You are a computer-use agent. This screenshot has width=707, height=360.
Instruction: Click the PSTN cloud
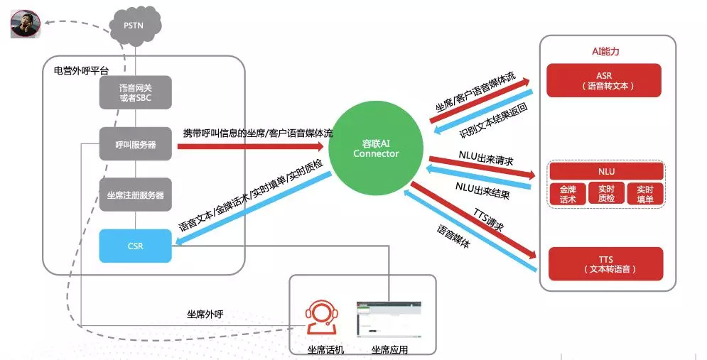click(x=134, y=27)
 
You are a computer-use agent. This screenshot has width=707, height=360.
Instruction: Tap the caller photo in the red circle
click(x=26, y=24)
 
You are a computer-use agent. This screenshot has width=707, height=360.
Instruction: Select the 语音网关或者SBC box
click(x=135, y=92)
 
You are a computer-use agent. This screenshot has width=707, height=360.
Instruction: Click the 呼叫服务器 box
click(x=135, y=144)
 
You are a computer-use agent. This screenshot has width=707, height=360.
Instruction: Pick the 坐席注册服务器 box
click(x=135, y=195)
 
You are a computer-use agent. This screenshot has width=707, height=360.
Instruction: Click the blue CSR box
click(x=135, y=246)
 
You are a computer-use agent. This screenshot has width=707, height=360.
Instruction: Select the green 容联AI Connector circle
click(x=376, y=148)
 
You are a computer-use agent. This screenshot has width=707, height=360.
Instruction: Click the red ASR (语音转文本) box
click(x=604, y=81)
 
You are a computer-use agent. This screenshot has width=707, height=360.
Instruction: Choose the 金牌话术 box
click(x=567, y=194)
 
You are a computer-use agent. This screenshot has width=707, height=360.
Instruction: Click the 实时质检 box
click(x=606, y=194)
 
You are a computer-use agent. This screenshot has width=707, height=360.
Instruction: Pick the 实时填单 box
click(x=644, y=194)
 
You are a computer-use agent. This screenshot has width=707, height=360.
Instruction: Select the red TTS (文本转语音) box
click(x=605, y=264)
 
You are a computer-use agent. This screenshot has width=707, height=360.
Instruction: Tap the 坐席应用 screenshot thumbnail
click(x=389, y=320)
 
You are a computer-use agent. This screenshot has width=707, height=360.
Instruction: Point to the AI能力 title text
click(x=605, y=51)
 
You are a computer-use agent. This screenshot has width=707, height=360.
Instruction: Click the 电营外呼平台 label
click(x=81, y=71)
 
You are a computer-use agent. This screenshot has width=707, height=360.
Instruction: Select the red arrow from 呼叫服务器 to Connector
click(x=251, y=146)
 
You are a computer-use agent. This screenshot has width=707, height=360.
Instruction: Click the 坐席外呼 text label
click(x=205, y=314)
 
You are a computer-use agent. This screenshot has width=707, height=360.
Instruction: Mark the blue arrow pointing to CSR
click(x=254, y=209)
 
